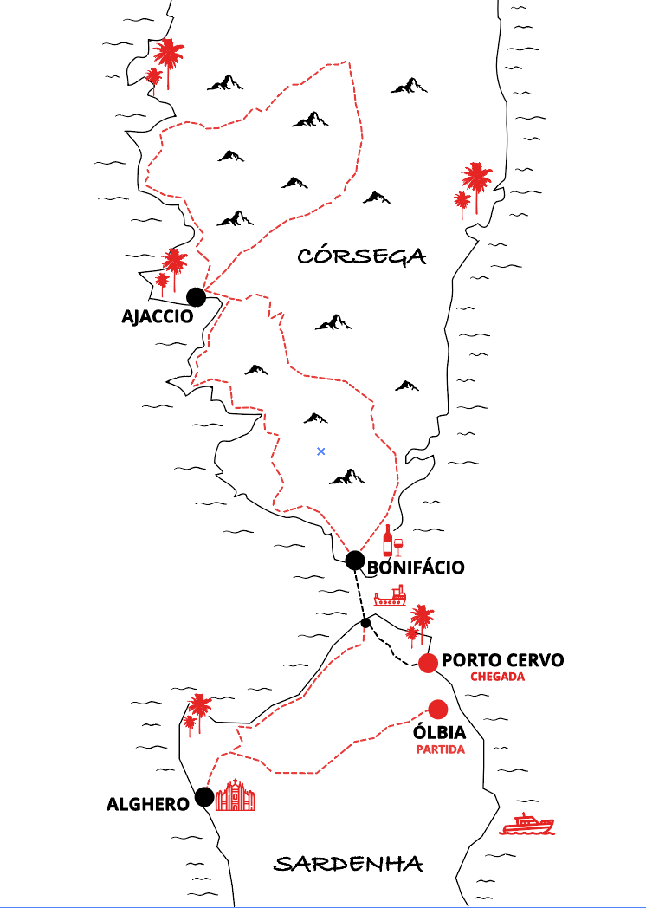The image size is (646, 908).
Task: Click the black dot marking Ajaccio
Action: tap(197, 297)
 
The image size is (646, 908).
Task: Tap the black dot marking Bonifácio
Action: tap(355, 561)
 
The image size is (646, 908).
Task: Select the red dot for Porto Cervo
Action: tap(428, 663)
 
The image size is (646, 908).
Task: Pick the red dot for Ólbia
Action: tap(437, 709)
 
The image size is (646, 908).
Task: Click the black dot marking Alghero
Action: tap(204, 796)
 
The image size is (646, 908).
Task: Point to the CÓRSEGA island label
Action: tap(362, 256)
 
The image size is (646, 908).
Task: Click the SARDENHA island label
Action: tap(348, 864)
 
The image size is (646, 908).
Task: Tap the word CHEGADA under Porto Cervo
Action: tap(497, 677)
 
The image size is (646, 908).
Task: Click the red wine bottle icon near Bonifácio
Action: tap(388, 541)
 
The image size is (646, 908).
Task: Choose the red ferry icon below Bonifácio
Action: tap(391, 596)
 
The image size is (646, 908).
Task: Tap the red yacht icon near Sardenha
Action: tap(527, 824)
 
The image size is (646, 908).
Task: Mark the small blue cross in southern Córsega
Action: tap(321, 451)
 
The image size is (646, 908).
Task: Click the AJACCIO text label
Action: tap(157, 316)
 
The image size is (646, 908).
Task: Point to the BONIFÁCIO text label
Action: tap(417, 567)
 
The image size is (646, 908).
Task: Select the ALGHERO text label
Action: tap(148, 804)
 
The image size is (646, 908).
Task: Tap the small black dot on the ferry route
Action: tap(365, 623)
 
